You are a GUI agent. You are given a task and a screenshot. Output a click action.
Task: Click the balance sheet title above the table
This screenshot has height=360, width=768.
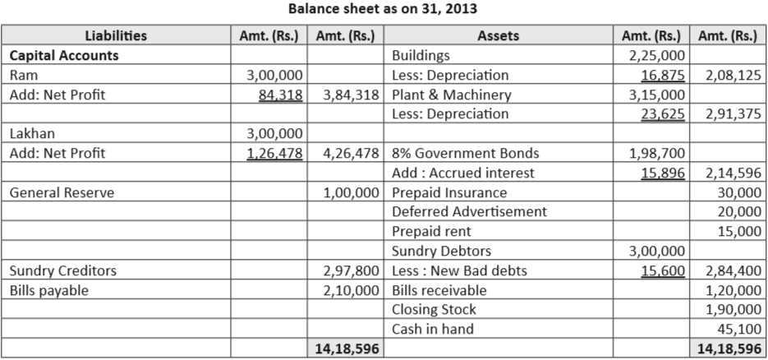click(383, 10)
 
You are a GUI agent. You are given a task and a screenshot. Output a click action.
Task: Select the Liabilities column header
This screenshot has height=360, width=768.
click(115, 35)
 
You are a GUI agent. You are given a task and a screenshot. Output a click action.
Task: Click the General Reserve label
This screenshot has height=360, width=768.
click(62, 192)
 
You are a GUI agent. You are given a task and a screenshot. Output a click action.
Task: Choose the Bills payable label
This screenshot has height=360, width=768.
click(49, 290)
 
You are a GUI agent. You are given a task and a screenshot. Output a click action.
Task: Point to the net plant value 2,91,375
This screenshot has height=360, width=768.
click(728, 114)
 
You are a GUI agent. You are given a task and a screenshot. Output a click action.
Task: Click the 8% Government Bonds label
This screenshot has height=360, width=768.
click(466, 153)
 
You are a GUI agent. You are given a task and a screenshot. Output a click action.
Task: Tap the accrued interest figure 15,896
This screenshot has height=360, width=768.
click(662, 173)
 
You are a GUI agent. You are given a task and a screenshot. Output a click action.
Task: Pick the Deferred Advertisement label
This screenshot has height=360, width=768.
click(469, 211)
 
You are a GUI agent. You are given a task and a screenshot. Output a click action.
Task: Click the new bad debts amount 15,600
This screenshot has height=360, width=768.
click(662, 270)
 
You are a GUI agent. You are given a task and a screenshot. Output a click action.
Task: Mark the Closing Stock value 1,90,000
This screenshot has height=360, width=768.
click(728, 310)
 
